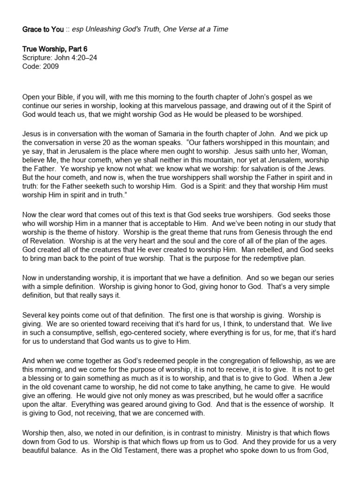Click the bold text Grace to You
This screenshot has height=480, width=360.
[43, 29]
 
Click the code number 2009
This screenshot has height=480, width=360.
[51, 67]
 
